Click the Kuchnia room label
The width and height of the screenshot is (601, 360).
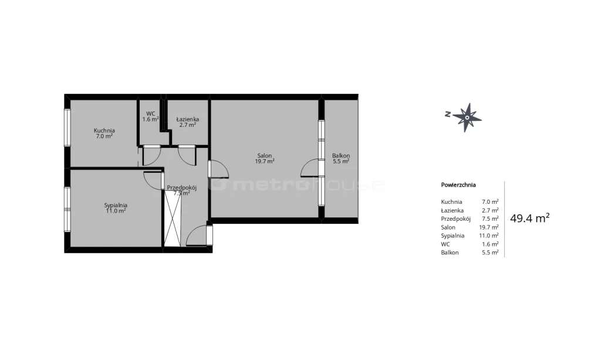(104, 130)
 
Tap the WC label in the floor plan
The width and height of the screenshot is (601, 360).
(151, 113)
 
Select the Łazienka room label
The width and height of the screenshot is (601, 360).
(187, 119)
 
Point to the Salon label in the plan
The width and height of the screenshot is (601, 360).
(265, 156)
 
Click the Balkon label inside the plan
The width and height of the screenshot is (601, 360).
(341, 156)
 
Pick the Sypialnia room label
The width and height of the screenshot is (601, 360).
(116, 205)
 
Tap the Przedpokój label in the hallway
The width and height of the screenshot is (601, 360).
(182, 187)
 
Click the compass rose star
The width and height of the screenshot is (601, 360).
(467, 117)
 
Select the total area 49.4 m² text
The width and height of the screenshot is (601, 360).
(530, 218)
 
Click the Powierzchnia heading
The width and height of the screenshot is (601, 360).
(458, 185)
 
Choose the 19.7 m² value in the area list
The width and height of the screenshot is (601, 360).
(489, 227)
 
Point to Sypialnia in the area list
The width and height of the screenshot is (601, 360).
(453, 235)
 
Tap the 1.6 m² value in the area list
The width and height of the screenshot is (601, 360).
(490, 244)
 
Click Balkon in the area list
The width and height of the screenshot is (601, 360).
(450, 253)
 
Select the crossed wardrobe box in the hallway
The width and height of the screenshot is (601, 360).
(173, 218)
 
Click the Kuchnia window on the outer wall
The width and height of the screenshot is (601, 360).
(67, 127)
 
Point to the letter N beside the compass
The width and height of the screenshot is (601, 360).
(447, 114)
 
